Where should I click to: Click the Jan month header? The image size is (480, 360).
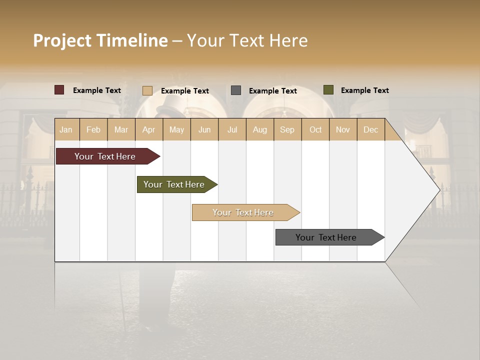pos(66,129)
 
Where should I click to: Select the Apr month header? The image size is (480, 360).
pos(148,129)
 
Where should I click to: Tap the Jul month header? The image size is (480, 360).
pos(232,129)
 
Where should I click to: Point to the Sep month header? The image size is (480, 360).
pos(287,129)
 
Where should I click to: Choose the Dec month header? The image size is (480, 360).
pos(370,129)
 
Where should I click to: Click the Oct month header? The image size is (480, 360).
pos(315,129)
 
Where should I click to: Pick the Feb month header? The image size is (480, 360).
pos(93,129)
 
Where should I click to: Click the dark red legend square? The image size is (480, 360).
pos(59,90)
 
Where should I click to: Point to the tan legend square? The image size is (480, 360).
pos(147,90)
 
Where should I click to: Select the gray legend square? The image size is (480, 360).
pos(236,90)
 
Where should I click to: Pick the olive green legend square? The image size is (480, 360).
pos(328,90)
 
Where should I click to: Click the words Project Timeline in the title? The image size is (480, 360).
pos(100,40)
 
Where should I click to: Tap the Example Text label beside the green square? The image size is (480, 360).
pos(364,90)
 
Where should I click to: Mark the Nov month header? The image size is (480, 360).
pos(342,129)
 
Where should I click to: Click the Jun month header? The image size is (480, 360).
pos(204,129)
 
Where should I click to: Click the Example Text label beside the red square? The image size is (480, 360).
pos(97,90)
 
